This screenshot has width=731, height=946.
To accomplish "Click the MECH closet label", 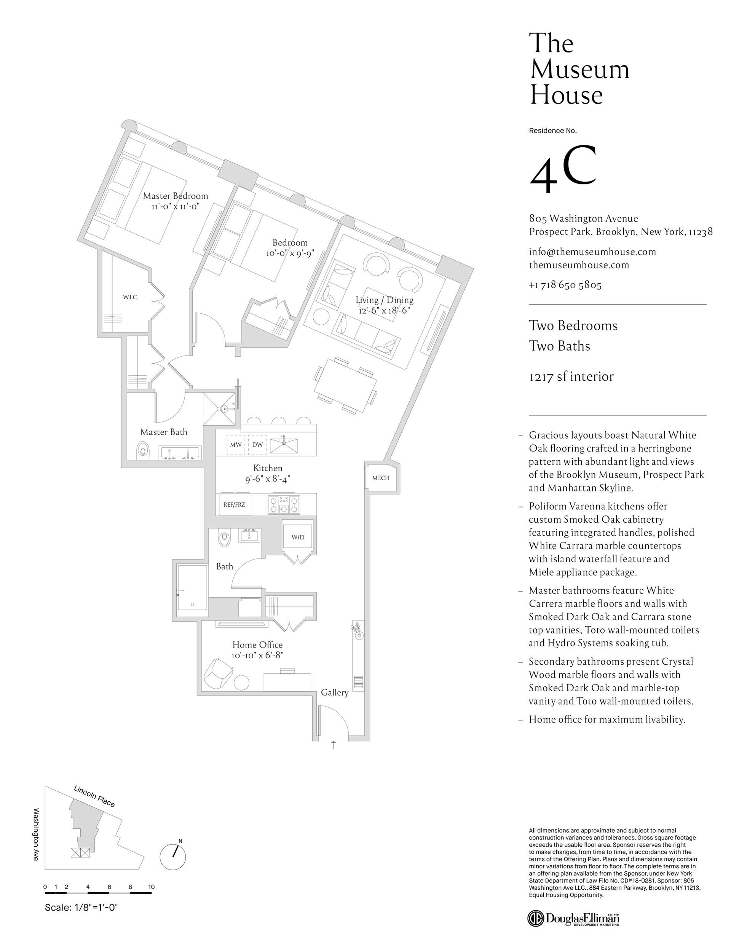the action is (x=381, y=478).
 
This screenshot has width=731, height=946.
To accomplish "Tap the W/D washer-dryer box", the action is (x=298, y=537).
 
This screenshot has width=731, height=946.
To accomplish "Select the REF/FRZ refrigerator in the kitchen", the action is (x=234, y=504).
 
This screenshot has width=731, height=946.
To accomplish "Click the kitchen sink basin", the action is (x=284, y=445).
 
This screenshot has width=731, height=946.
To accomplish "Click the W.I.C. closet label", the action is (x=131, y=297).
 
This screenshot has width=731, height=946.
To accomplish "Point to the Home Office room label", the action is (x=257, y=645).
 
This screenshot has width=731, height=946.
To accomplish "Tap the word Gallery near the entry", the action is (x=335, y=692).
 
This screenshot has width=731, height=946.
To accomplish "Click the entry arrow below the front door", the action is (x=333, y=745).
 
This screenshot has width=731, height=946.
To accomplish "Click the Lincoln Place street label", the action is (x=94, y=796).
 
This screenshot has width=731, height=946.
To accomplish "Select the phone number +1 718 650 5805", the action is (x=565, y=285).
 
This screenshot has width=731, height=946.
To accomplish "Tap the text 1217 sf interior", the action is (x=571, y=377).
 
